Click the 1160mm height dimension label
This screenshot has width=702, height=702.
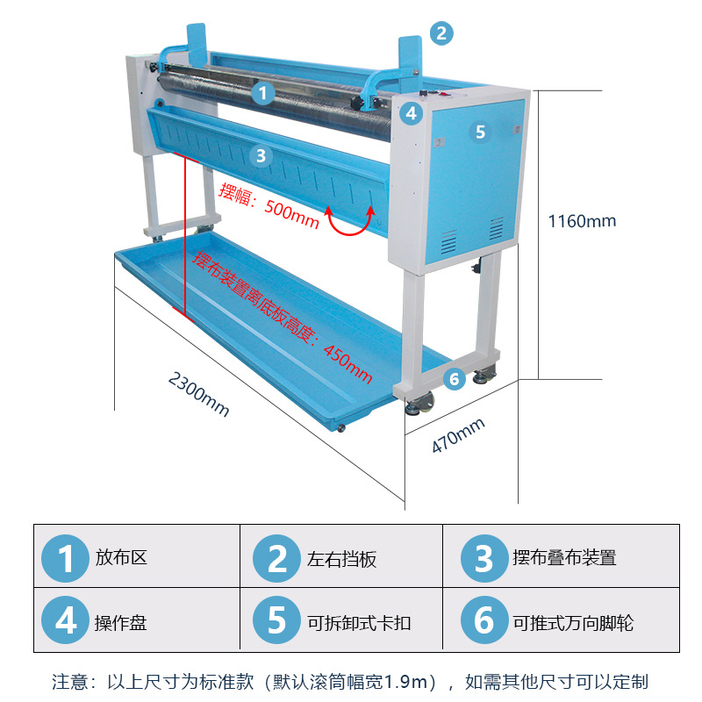click(x=582, y=221)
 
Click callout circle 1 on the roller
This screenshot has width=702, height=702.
click(x=262, y=91)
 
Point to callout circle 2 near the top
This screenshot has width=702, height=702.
click(x=441, y=33)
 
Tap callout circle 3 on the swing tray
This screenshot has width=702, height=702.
click(x=260, y=156)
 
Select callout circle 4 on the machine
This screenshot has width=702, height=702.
click(x=412, y=113)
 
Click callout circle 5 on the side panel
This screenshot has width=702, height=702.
click(x=479, y=133)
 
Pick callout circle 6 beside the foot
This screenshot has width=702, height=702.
click(x=453, y=379)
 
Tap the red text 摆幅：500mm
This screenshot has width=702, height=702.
click(x=269, y=205)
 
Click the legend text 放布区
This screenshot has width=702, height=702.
click(x=121, y=558)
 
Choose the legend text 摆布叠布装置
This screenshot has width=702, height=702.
click(x=564, y=558)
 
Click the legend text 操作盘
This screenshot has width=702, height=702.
click(x=121, y=623)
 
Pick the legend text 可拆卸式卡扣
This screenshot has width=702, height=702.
click(x=359, y=623)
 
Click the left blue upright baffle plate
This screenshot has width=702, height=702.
click(x=197, y=44)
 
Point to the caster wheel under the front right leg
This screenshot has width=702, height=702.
click(x=419, y=405)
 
